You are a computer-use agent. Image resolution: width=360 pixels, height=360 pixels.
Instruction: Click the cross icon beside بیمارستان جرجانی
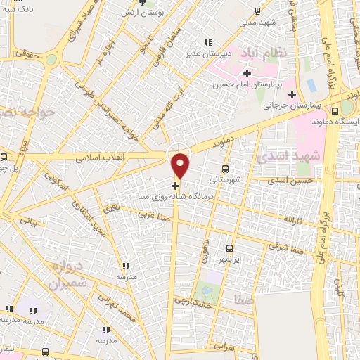pyautogui.click(x=292, y=94)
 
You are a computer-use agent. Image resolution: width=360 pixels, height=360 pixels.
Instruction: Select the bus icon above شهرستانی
pyautogui.click(x=225, y=169)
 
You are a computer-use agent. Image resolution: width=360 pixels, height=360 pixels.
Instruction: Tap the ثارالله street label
pyautogui.click(x=291, y=220)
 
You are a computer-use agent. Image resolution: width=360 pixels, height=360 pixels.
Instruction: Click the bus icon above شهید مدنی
pyautogui.click(x=257, y=11)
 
